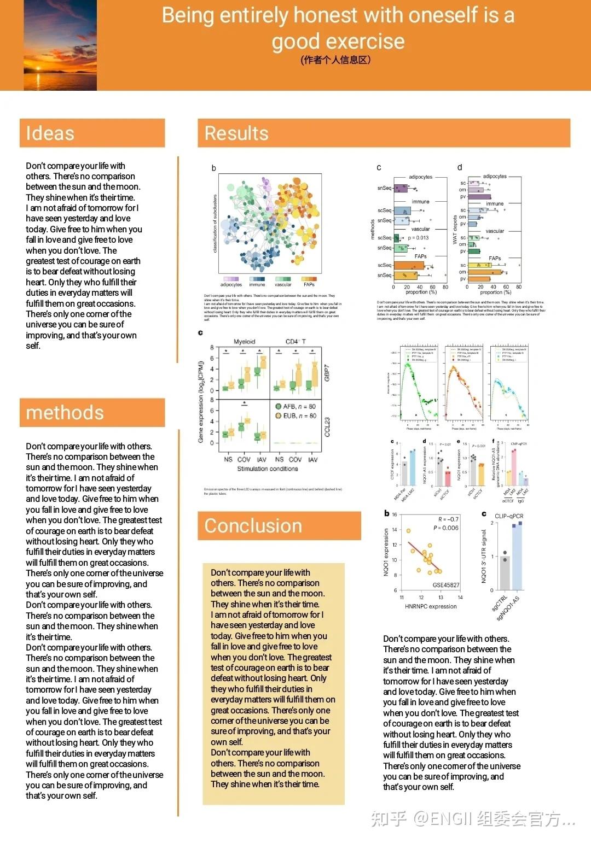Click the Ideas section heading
pos(50,133)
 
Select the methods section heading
pos(65,413)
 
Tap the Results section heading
pos(236,133)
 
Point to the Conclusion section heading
pos(253,526)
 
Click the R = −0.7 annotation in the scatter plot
pos(448,519)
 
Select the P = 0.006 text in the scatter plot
pos(446,528)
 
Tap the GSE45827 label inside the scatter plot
pos(446,585)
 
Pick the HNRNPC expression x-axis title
pos(431,606)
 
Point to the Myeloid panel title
pos(244,342)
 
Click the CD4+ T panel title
pos(296,342)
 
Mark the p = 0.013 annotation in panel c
pos(418,238)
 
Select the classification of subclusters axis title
pos(215,224)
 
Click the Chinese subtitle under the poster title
pos(335,60)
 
